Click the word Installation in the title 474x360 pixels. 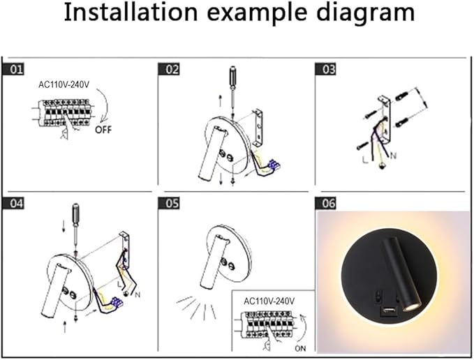pos(131,12)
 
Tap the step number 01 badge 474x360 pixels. pos(13,70)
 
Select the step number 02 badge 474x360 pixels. pos(169,70)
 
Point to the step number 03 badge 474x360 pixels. pos(325,70)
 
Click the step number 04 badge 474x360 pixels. pos(13,203)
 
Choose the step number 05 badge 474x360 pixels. pos(169,203)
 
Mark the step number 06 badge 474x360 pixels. pos(325,203)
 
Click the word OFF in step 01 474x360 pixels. pos(103,130)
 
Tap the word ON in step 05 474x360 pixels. pos(300,349)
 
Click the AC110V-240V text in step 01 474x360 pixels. pos(64,85)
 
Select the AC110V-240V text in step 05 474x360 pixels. pos(269,301)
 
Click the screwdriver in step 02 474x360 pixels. pos(232,91)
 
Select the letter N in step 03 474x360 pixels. pos(393,156)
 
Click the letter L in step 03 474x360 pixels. pos(365,160)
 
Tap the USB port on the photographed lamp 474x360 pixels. pos(389,310)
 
